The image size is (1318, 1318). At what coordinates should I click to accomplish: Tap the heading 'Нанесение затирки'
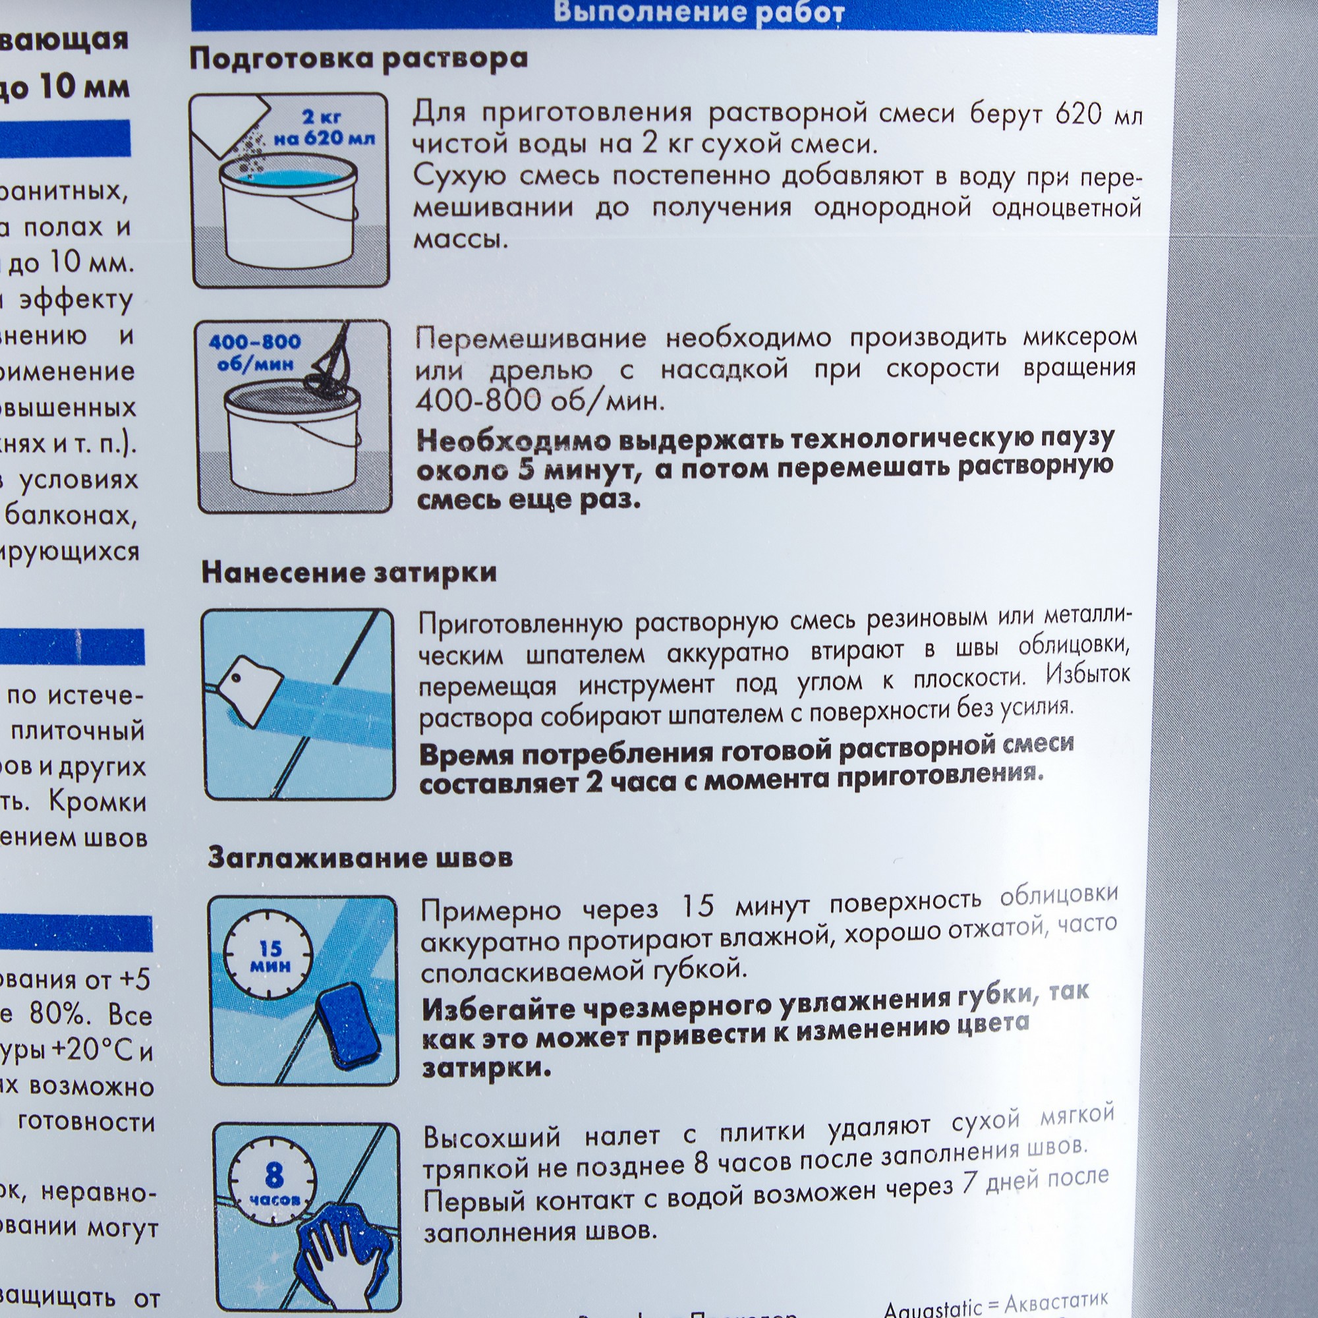pos(349,573)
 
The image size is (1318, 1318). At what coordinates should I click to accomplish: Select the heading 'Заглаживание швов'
pos(360,857)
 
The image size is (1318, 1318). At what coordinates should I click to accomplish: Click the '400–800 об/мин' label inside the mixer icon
pos(255,352)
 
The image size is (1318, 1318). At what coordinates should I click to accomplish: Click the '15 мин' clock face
pos(270,957)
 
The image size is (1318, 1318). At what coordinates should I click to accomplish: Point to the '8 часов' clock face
pos(273,1183)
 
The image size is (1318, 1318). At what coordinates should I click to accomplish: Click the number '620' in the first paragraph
pos(1078,113)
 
